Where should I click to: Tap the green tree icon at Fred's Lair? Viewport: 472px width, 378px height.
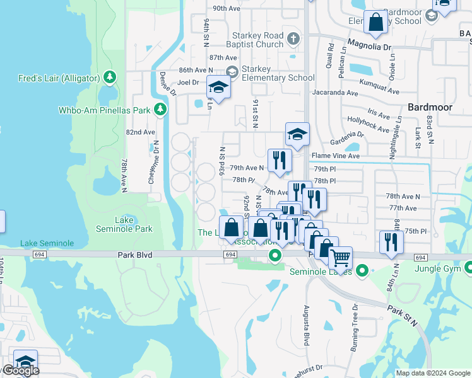tap(110, 77)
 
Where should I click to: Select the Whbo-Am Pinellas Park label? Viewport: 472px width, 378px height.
tap(105, 110)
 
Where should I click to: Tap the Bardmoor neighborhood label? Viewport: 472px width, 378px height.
tap(430, 107)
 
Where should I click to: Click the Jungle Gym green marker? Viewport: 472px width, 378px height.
tap(468, 269)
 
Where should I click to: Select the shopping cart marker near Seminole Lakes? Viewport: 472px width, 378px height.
tap(341, 258)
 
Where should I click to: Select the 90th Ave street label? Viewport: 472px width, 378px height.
tap(227, 8)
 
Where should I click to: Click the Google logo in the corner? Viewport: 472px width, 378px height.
tap(20, 370)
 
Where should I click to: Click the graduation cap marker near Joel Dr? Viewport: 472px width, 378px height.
tap(218, 88)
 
